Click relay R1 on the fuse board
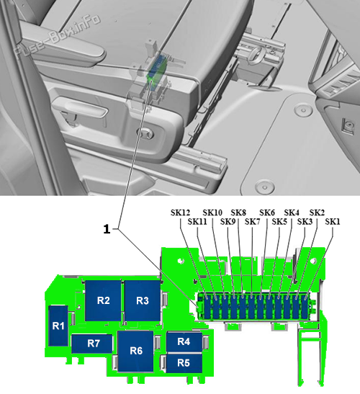[58, 326]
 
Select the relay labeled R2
[103, 300]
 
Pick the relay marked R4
[184, 341]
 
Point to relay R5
[184, 362]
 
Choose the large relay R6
[137, 351]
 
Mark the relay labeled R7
[94, 344]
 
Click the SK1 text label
[332, 222]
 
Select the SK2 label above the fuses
[317, 212]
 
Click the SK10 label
[212, 212]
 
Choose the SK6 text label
[266, 212]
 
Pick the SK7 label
[252, 222]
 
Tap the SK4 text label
[292, 212]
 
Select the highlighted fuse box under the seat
[154, 76]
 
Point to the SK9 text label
[228, 222]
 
